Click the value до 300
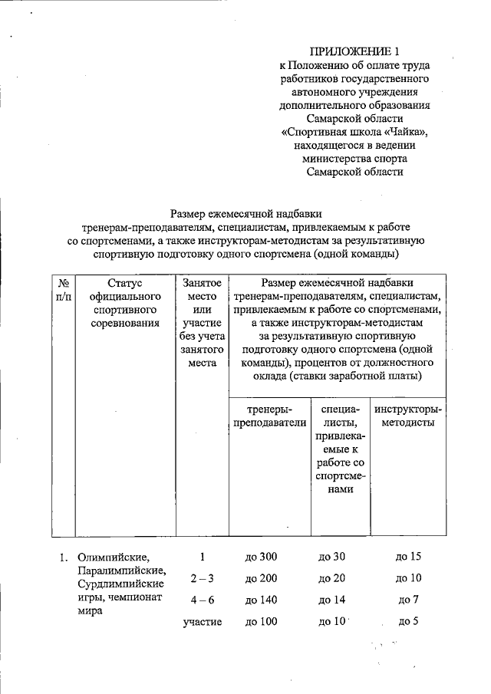260,556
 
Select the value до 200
260,577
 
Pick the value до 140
260,600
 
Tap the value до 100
260,621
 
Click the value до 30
334,556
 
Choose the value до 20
334,577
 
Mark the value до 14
334,600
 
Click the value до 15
407,556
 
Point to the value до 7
407,600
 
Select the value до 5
407,621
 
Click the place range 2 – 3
201,577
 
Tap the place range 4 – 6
201,600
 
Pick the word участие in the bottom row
202,621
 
